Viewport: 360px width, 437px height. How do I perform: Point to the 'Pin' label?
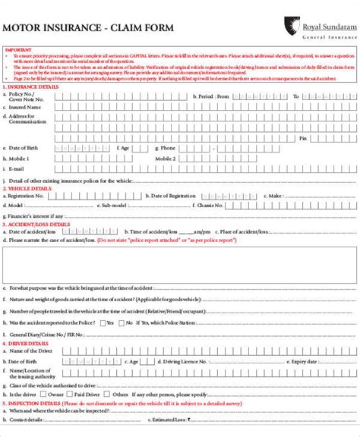(x=302, y=138)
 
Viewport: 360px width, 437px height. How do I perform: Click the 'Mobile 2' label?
(x=166, y=159)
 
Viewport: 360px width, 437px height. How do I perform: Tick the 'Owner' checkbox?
(x=42, y=395)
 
